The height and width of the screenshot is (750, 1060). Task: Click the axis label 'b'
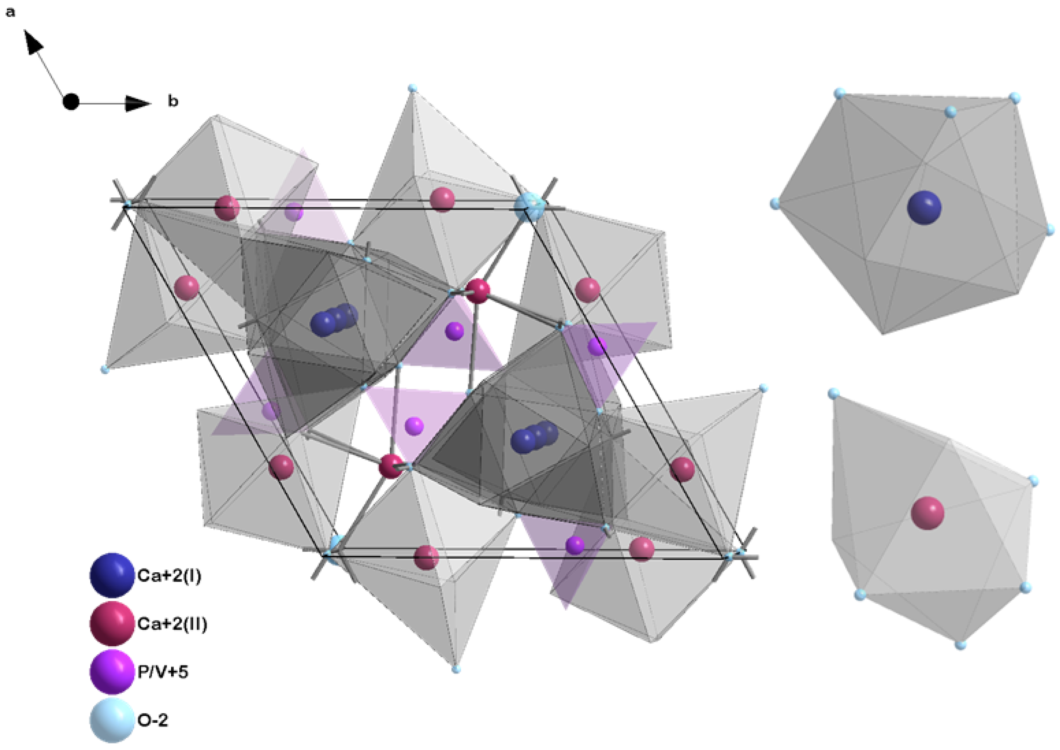point(173,101)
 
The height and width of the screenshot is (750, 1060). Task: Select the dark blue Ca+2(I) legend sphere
point(112,576)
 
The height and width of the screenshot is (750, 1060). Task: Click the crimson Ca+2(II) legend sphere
point(112,624)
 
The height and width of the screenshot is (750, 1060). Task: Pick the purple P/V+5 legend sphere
point(112,672)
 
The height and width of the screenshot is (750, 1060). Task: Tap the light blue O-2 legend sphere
point(112,720)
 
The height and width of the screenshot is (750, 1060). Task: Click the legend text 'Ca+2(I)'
point(169,576)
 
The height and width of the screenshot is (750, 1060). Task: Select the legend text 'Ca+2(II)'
point(172,624)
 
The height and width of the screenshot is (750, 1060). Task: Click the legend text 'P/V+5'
point(163,672)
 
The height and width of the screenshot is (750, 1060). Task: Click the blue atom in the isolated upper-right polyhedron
point(924,208)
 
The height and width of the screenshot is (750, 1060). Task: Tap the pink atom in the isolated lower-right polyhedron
point(927,513)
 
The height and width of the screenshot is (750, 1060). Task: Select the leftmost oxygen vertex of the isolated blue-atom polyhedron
point(776,203)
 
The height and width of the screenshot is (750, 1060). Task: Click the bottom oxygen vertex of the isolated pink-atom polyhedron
point(960,645)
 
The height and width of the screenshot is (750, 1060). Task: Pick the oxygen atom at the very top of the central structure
point(412,88)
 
